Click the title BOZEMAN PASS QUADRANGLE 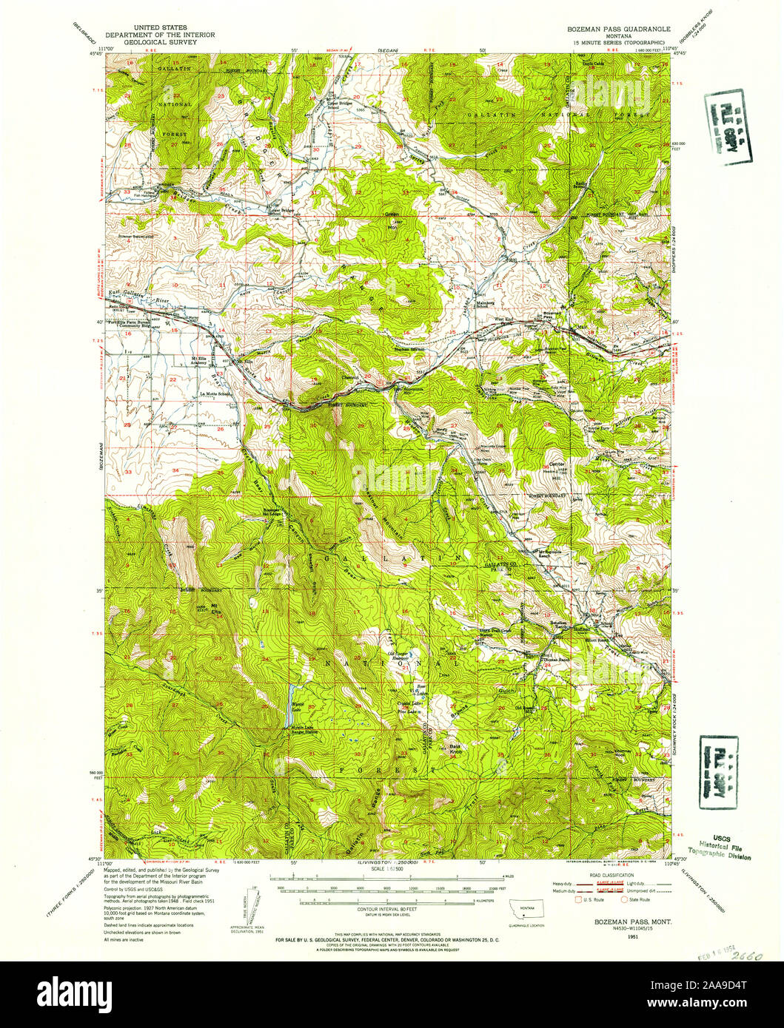614,29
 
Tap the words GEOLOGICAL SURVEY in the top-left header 152,42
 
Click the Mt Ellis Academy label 195,362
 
